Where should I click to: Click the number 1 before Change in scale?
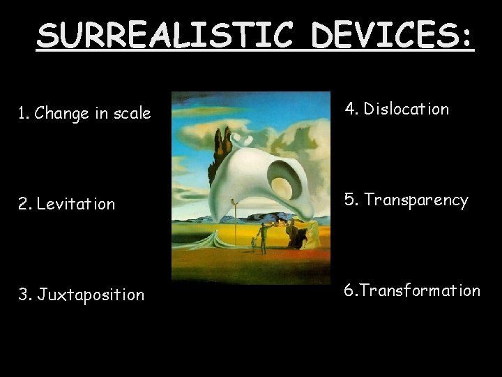(22, 113)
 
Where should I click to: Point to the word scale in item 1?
(132, 113)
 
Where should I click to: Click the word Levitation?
(76, 205)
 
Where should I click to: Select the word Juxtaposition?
(91, 295)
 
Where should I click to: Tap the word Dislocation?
(406, 109)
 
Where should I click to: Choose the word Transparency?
(416, 200)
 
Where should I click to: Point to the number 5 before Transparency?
(350, 200)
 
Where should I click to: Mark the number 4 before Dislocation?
(351, 109)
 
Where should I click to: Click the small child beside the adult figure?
(253, 244)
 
